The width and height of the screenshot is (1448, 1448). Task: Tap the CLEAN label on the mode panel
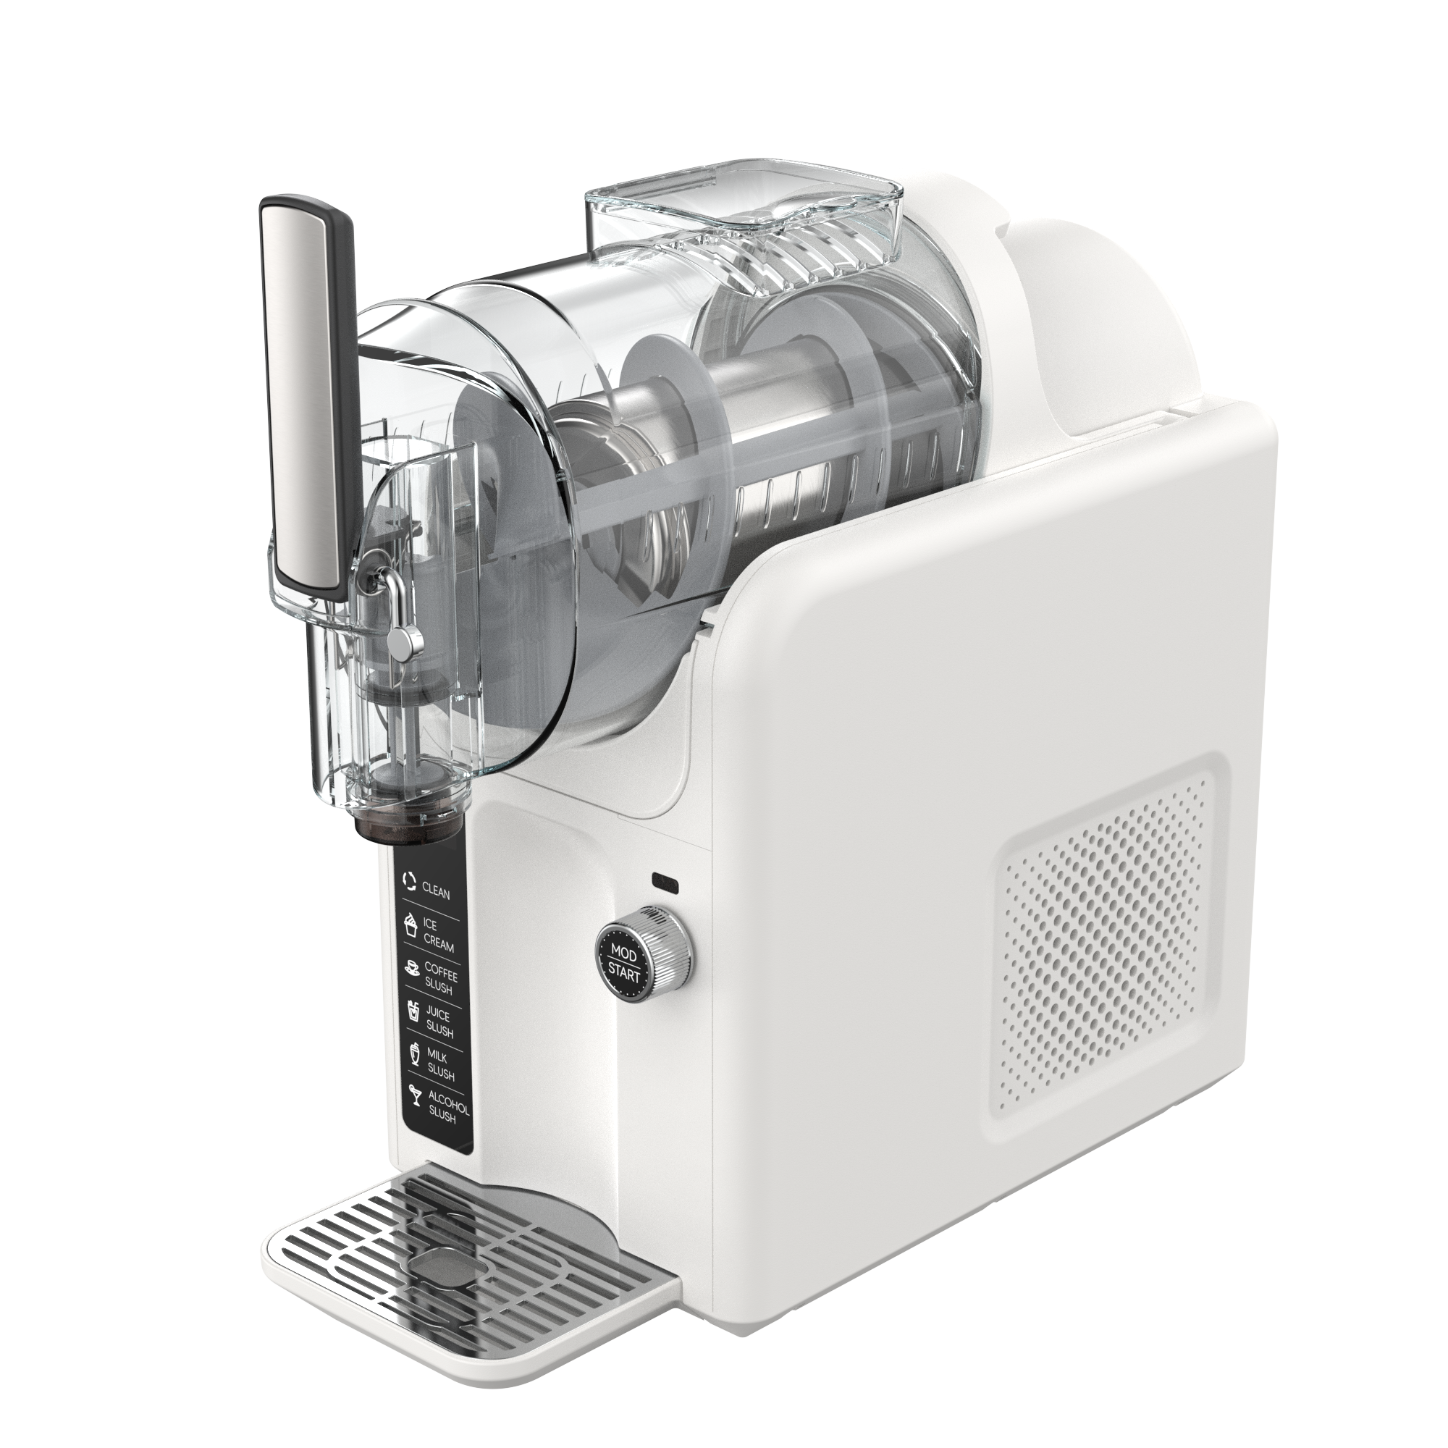click(x=436, y=892)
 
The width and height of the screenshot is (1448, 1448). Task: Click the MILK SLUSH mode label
click(x=441, y=1066)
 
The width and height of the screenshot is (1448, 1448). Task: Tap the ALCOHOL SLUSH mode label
click(x=448, y=1110)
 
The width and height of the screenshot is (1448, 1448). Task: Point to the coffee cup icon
click(x=411, y=968)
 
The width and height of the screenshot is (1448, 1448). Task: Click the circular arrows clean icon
click(x=409, y=880)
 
